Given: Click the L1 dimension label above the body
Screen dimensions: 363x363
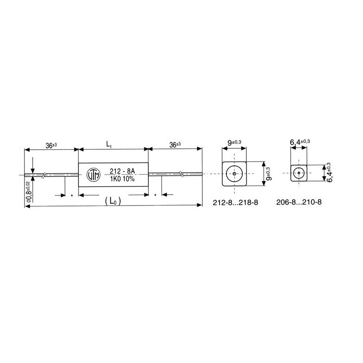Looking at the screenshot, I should pos(109,144).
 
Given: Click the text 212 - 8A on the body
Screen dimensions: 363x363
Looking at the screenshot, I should pos(122,171).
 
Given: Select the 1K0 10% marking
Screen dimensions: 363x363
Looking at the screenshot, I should pos(122,179).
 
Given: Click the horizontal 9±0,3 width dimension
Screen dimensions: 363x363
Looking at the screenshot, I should pos(234,143).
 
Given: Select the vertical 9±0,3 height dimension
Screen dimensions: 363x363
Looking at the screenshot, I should pos(268,174).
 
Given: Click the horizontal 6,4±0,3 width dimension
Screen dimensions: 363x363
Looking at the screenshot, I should pos(300,143).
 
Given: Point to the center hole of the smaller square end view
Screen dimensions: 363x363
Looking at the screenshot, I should pos(299,173).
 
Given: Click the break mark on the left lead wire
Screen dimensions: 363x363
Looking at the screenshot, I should pos(44,174).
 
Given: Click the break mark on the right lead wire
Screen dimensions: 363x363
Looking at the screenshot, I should pos(181,173).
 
